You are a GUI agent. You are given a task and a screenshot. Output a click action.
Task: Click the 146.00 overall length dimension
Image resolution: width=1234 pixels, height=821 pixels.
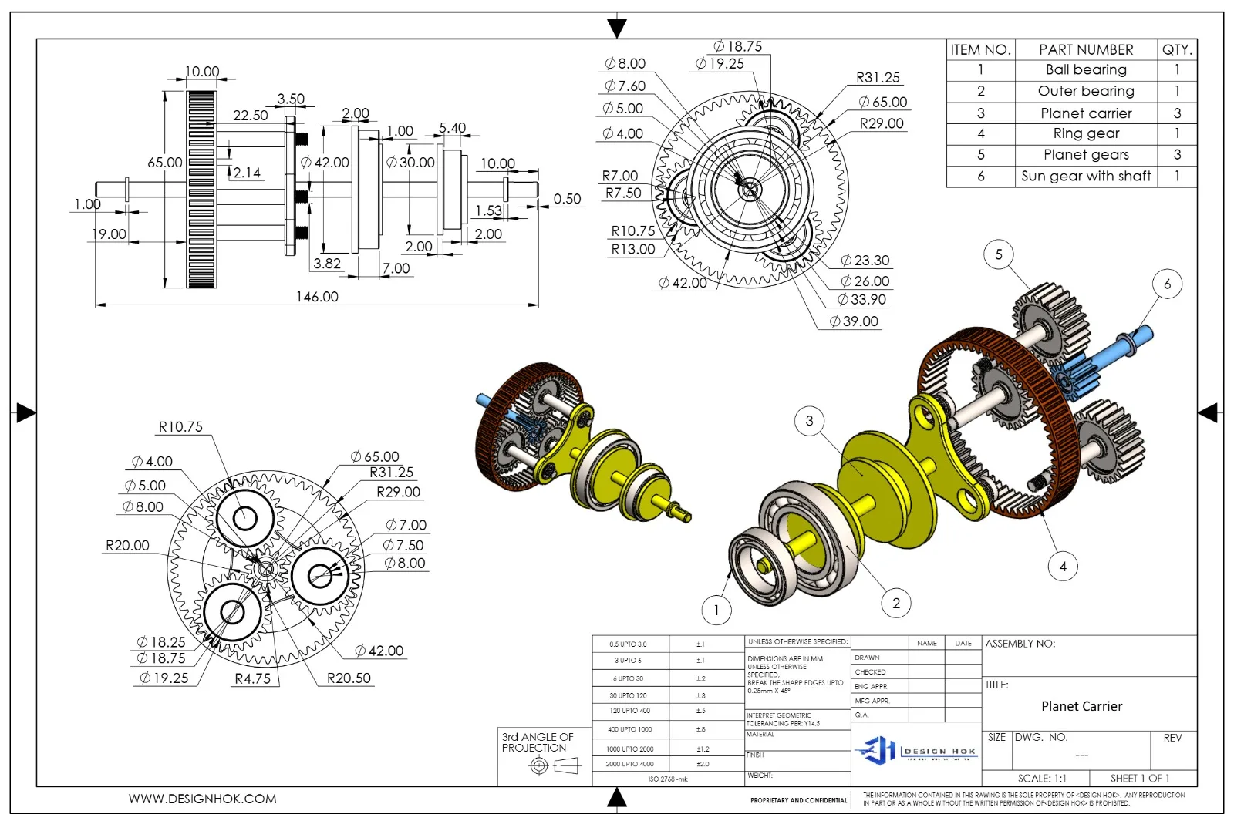(317, 297)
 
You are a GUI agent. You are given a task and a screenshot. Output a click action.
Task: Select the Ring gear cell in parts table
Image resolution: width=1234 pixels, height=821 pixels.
(1086, 133)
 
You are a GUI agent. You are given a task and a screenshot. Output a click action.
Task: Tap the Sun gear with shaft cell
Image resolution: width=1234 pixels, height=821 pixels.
(1086, 176)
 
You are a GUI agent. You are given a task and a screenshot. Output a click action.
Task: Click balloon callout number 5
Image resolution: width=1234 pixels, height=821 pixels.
(998, 254)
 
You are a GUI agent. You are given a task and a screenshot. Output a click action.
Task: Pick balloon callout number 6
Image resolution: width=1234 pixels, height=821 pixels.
(1166, 284)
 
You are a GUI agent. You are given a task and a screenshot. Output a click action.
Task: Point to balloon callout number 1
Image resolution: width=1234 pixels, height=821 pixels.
(716, 611)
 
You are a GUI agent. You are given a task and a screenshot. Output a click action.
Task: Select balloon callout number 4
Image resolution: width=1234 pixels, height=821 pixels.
(1062, 567)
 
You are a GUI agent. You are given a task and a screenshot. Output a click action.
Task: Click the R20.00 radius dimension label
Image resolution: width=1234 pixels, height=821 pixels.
(127, 546)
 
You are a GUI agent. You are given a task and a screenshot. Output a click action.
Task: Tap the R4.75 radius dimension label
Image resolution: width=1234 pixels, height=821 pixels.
(252, 678)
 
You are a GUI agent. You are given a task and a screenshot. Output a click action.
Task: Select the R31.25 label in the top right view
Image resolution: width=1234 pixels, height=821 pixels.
(878, 78)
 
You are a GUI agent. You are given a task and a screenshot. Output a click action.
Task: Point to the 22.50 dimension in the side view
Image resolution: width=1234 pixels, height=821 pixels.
(250, 116)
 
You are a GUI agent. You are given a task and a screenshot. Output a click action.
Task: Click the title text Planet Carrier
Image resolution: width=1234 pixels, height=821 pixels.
(1081, 706)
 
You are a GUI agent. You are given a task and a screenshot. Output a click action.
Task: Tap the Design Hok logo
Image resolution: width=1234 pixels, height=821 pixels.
(915, 749)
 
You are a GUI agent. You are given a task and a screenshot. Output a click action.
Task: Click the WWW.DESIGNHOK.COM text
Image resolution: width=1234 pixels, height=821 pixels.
(202, 799)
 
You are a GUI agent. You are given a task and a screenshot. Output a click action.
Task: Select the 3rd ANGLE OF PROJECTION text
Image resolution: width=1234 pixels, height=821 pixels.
(538, 742)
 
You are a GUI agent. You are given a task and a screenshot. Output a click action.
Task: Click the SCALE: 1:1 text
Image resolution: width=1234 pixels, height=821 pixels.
(1041, 779)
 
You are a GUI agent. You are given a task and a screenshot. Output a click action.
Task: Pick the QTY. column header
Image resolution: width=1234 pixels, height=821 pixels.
(1176, 50)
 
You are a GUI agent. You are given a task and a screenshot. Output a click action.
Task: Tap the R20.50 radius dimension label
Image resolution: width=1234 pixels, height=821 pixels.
(349, 678)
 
